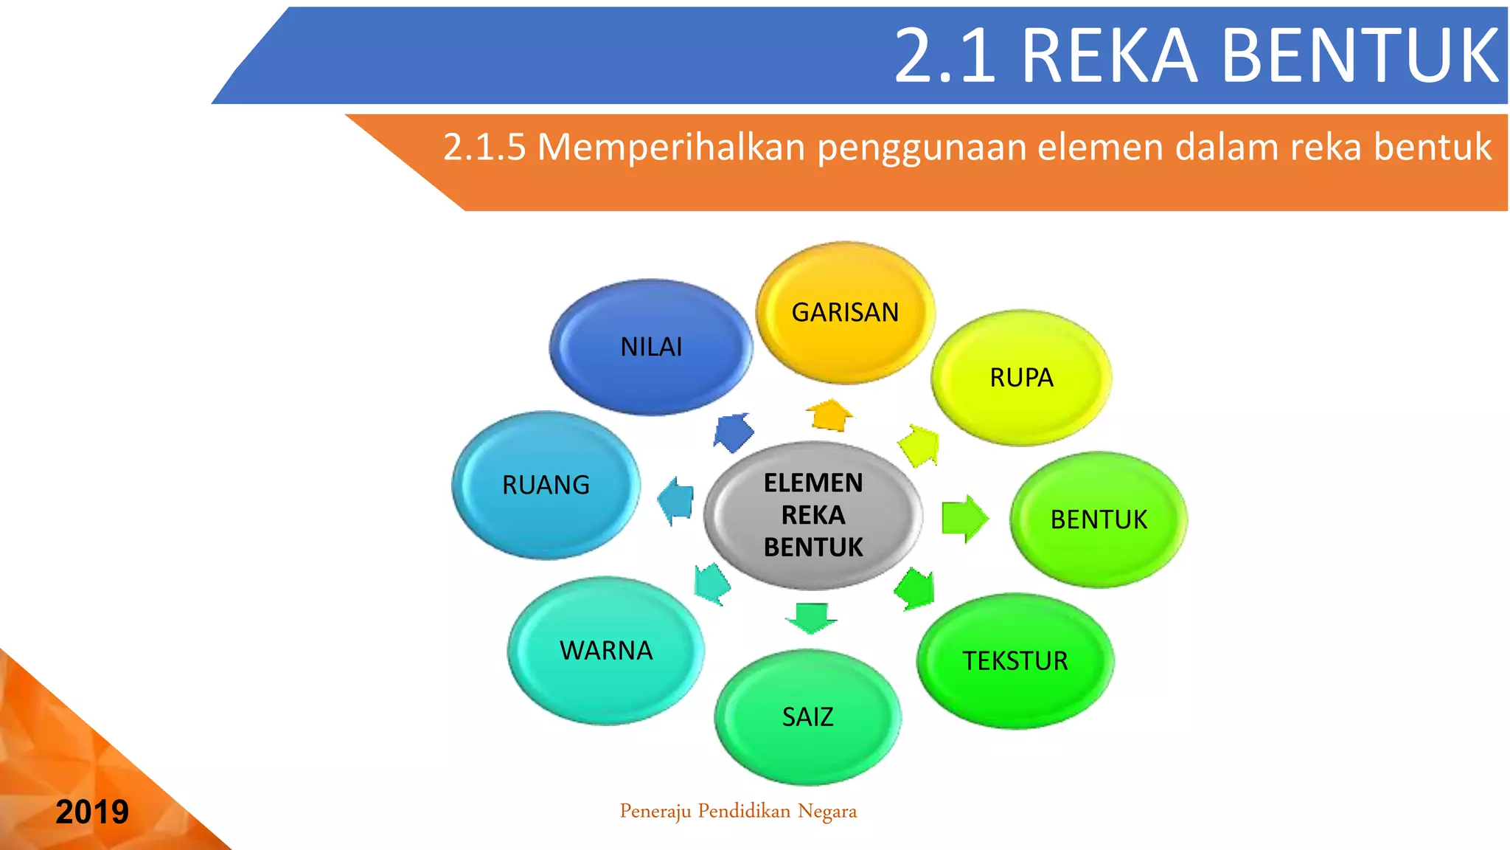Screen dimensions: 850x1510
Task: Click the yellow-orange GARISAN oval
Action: click(x=845, y=313)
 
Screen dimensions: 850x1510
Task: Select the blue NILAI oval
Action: click(x=651, y=347)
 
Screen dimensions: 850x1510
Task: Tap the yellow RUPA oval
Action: click(x=1021, y=378)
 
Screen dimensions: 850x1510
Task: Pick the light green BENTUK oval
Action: click(x=1098, y=519)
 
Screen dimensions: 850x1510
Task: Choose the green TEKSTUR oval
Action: click(x=1015, y=661)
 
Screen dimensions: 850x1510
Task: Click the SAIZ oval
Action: click(x=807, y=717)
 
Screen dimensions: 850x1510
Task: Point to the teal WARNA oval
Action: click(x=606, y=651)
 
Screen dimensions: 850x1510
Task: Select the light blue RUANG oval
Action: click(x=546, y=485)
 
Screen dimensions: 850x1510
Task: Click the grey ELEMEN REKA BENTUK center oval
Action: click(x=813, y=515)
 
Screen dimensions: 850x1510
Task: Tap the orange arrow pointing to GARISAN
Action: click(x=830, y=415)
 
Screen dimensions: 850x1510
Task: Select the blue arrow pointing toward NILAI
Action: click(x=733, y=432)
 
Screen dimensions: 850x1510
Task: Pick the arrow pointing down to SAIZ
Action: click(x=811, y=618)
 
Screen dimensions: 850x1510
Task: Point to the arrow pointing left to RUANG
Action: click(x=676, y=501)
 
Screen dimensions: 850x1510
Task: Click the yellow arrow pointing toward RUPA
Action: click(x=919, y=446)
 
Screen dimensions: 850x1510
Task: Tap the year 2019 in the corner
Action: click(x=92, y=812)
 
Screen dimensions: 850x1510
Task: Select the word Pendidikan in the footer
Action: click(x=744, y=812)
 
